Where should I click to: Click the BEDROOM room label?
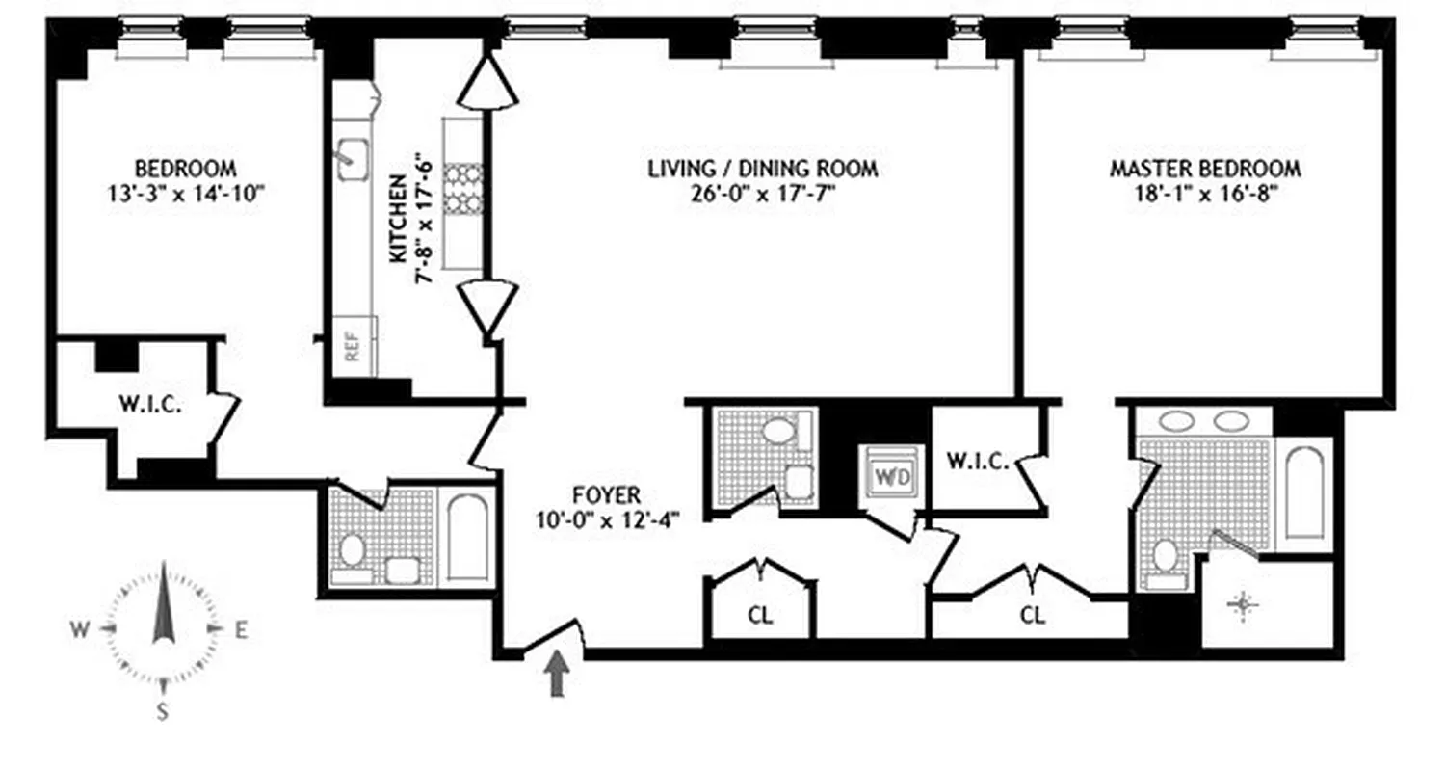point(185,168)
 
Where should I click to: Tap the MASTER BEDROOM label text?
point(1204,169)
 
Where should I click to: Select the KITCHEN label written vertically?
point(397,220)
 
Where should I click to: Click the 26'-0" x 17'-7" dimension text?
point(762,193)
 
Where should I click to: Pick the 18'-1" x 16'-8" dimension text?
point(1204,193)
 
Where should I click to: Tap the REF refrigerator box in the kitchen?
point(353,345)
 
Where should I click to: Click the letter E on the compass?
point(242,631)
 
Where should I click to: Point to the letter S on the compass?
point(162,712)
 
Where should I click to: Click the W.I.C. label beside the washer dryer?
point(977,462)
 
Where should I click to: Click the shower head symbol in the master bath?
point(1242,605)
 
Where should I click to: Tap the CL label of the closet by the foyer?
point(761,614)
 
